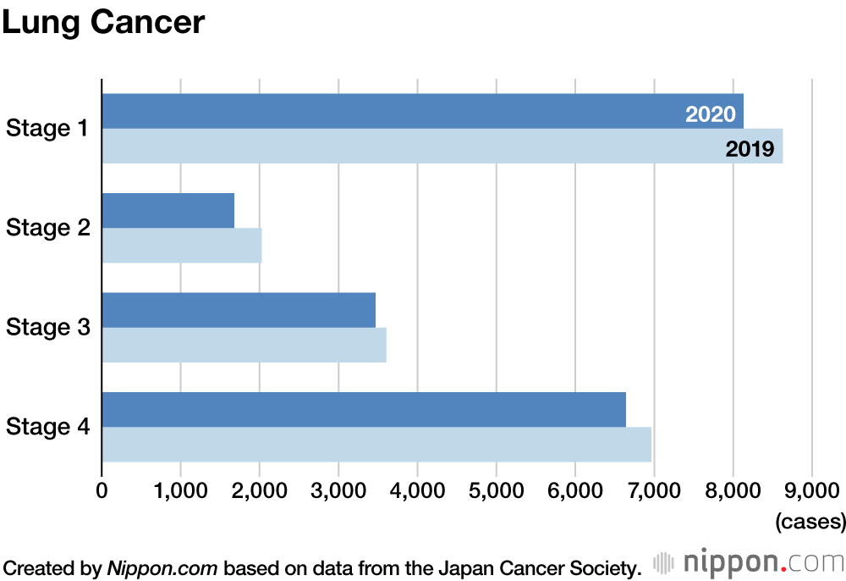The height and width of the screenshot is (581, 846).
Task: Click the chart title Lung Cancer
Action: pyautogui.click(x=103, y=23)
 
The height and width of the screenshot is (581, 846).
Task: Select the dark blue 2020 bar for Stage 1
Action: pyautogui.click(x=389, y=111)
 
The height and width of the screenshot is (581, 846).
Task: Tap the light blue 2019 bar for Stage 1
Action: pyautogui.click(x=406, y=147)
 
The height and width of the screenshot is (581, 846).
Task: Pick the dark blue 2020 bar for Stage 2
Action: pyautogui.click(x=168, y=211)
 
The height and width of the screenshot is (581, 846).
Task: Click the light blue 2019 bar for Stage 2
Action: pyautogui.click(x=181, y=246)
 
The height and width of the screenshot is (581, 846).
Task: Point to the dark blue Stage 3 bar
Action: pyautogui.click(x=239, y=310)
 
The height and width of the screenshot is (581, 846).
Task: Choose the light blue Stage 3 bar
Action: pyautogui.click(x=244, y=345)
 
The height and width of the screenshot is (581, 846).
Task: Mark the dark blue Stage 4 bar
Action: pyautogui.click(x=364, y=410)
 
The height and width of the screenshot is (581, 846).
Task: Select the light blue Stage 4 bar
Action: pyautogui.click(x=376, y=445)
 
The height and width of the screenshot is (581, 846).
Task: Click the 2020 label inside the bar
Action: pyautogui.click(x=711, y=114)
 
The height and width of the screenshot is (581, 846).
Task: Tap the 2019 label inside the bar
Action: pyautogui.click(x=750, y=150)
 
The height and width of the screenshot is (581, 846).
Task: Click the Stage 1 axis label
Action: pyautogui.click(x=47, y=129)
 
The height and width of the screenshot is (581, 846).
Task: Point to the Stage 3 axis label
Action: pyautogui.click(x=47, y=327)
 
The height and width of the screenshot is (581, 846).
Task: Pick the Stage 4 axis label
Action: pyautogui.click(x=47, y=426)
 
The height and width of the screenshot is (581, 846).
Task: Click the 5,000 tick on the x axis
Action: pyautogui.click(x=496, y=490)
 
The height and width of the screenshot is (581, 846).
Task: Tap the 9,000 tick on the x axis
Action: pyautogui.click(x=811, y=490)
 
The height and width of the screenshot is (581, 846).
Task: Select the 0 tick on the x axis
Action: pyautogui.click(x=102, y=490)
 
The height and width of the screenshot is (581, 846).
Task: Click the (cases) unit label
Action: pyautogui.click(x=810, y=520)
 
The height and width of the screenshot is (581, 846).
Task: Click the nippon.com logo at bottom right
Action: pyautogui.click(x=749, y=562)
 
